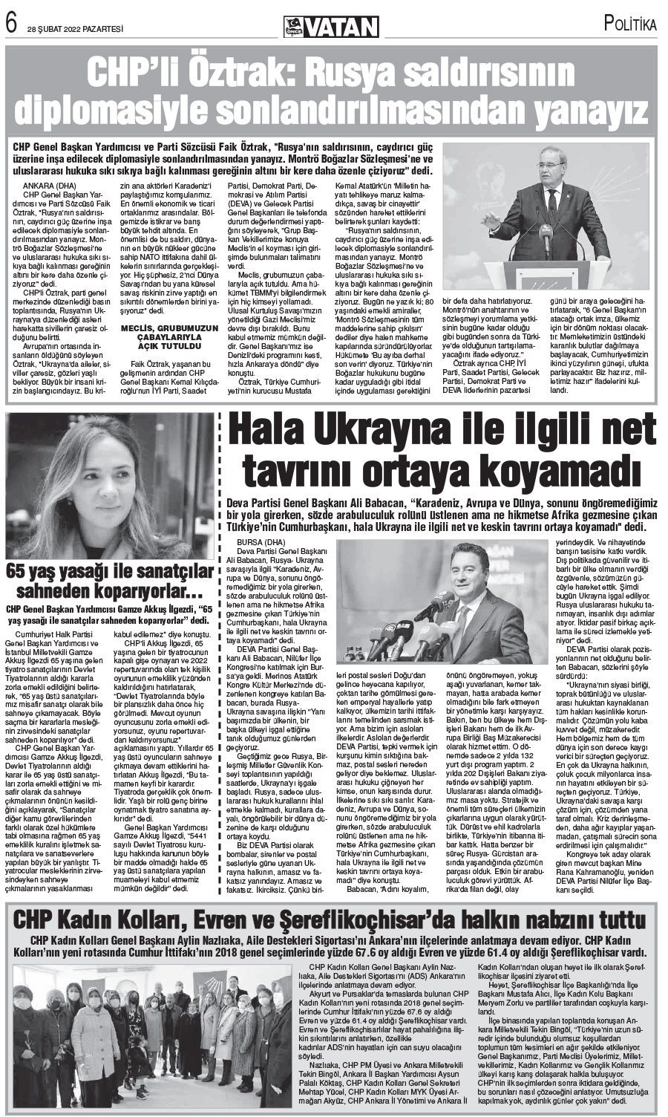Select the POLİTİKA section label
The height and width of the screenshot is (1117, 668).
pyautogui.click(x=630, y=23)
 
